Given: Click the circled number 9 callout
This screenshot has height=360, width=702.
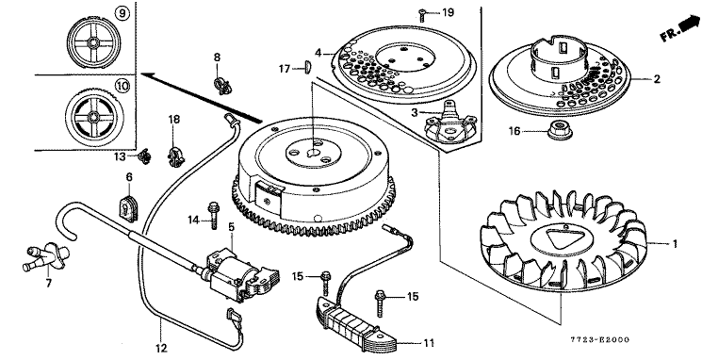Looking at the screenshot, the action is (x=122, y=14).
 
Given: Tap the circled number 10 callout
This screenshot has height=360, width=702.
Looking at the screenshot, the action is (x=122, y=85).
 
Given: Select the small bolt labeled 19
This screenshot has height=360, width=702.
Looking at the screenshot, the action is (x=422, y=15).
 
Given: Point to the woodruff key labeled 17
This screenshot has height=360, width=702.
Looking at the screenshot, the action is (x=307, y=67).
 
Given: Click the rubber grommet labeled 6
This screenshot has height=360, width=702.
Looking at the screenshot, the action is (x=128, y=208).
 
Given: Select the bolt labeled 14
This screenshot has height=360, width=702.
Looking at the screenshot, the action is (x=213, y=215).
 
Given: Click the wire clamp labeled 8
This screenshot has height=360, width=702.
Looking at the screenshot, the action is (x=222, y=85).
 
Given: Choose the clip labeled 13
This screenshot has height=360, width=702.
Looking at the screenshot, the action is (x=144, y=156).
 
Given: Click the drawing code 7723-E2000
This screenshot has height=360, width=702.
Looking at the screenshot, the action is (x=599, y=339).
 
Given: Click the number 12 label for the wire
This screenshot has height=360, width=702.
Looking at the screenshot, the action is (x=161, y=348).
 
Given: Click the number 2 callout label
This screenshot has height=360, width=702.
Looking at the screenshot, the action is (x=657, y=79).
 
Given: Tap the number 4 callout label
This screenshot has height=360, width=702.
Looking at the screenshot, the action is (x=318, y=53).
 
